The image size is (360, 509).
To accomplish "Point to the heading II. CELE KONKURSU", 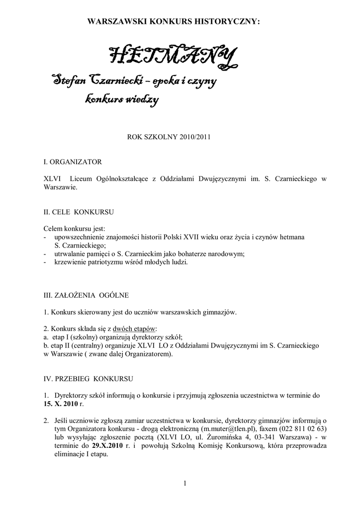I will point(79,212).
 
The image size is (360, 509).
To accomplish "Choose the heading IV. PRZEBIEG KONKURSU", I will point(88,378).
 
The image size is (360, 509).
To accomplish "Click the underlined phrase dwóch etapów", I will point(134,329).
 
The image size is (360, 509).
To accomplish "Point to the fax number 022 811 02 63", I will point(303,429).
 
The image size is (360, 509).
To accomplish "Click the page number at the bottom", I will point(184,483).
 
